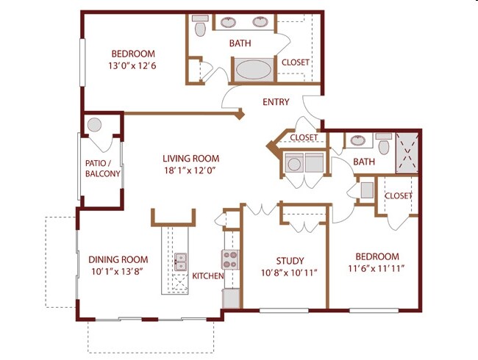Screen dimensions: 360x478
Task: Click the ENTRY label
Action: (x=276, y=102)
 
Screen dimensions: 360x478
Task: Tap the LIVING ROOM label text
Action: (x=190, y=158)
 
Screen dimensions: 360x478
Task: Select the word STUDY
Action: (x=290, y=260)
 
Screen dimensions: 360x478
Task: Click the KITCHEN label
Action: (x=207, y=276)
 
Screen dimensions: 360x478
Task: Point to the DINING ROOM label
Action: (x=118, y=259)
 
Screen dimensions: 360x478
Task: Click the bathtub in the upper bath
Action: (x=253, y=71)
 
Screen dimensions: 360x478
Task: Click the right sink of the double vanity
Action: (x=260, y=21)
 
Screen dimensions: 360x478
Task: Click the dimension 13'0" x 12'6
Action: (x=133, y=65)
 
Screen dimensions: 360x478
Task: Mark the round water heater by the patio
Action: (x=95, y=126)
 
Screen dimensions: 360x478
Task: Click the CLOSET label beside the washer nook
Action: (x=303, y=137)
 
